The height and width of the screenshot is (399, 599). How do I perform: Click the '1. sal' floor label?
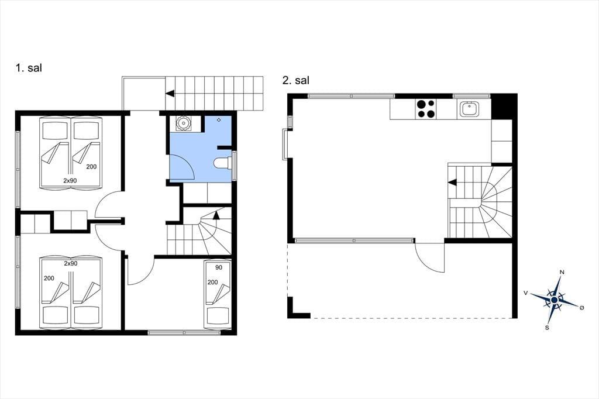pyautogui.click(x=29, y=68)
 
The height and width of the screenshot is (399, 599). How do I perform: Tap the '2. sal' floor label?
pyautogui.click(x=295, y=80)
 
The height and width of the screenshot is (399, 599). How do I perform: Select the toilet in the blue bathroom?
pyautogui.click(x=222, y=163)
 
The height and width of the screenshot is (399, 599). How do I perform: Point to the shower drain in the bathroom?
pyautogui.click(x=219, y=120)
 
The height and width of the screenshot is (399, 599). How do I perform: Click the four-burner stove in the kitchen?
pyautogui.click(x=426, y=109)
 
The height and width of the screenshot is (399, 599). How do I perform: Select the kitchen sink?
pyautogui.click(x=469, y=109)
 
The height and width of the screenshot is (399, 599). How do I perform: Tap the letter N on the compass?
pyautogui.click(x=562, y=272)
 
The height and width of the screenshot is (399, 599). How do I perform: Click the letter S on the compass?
pyautogui.click(x=547, y=328)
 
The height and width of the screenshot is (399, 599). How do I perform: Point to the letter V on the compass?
pyautogui.click(x=526, y=293)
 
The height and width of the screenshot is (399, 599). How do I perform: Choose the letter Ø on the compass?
pyautogui.click(x=582, y=308)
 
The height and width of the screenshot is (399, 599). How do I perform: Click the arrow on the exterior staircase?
pyautogui.click(x=170, y=93)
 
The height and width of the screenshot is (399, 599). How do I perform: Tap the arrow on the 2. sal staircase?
pyautogui.click(x=452, y=183)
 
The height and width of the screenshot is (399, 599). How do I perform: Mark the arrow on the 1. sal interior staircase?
pyautogui.click(x=216, y=215)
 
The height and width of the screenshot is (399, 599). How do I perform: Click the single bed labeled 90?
pyautogui.click(x=218, y=294)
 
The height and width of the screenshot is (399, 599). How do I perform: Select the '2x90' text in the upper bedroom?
pyautogui.click(x=70, y=180)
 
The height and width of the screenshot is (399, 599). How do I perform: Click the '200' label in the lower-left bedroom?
pyautogui.click(x=49, y=278)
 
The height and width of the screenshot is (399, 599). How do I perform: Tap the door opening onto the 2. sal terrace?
pyautogui.click(x=430, y=257)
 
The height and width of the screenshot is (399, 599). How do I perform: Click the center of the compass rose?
pyautogui.click(x=555, y=300)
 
